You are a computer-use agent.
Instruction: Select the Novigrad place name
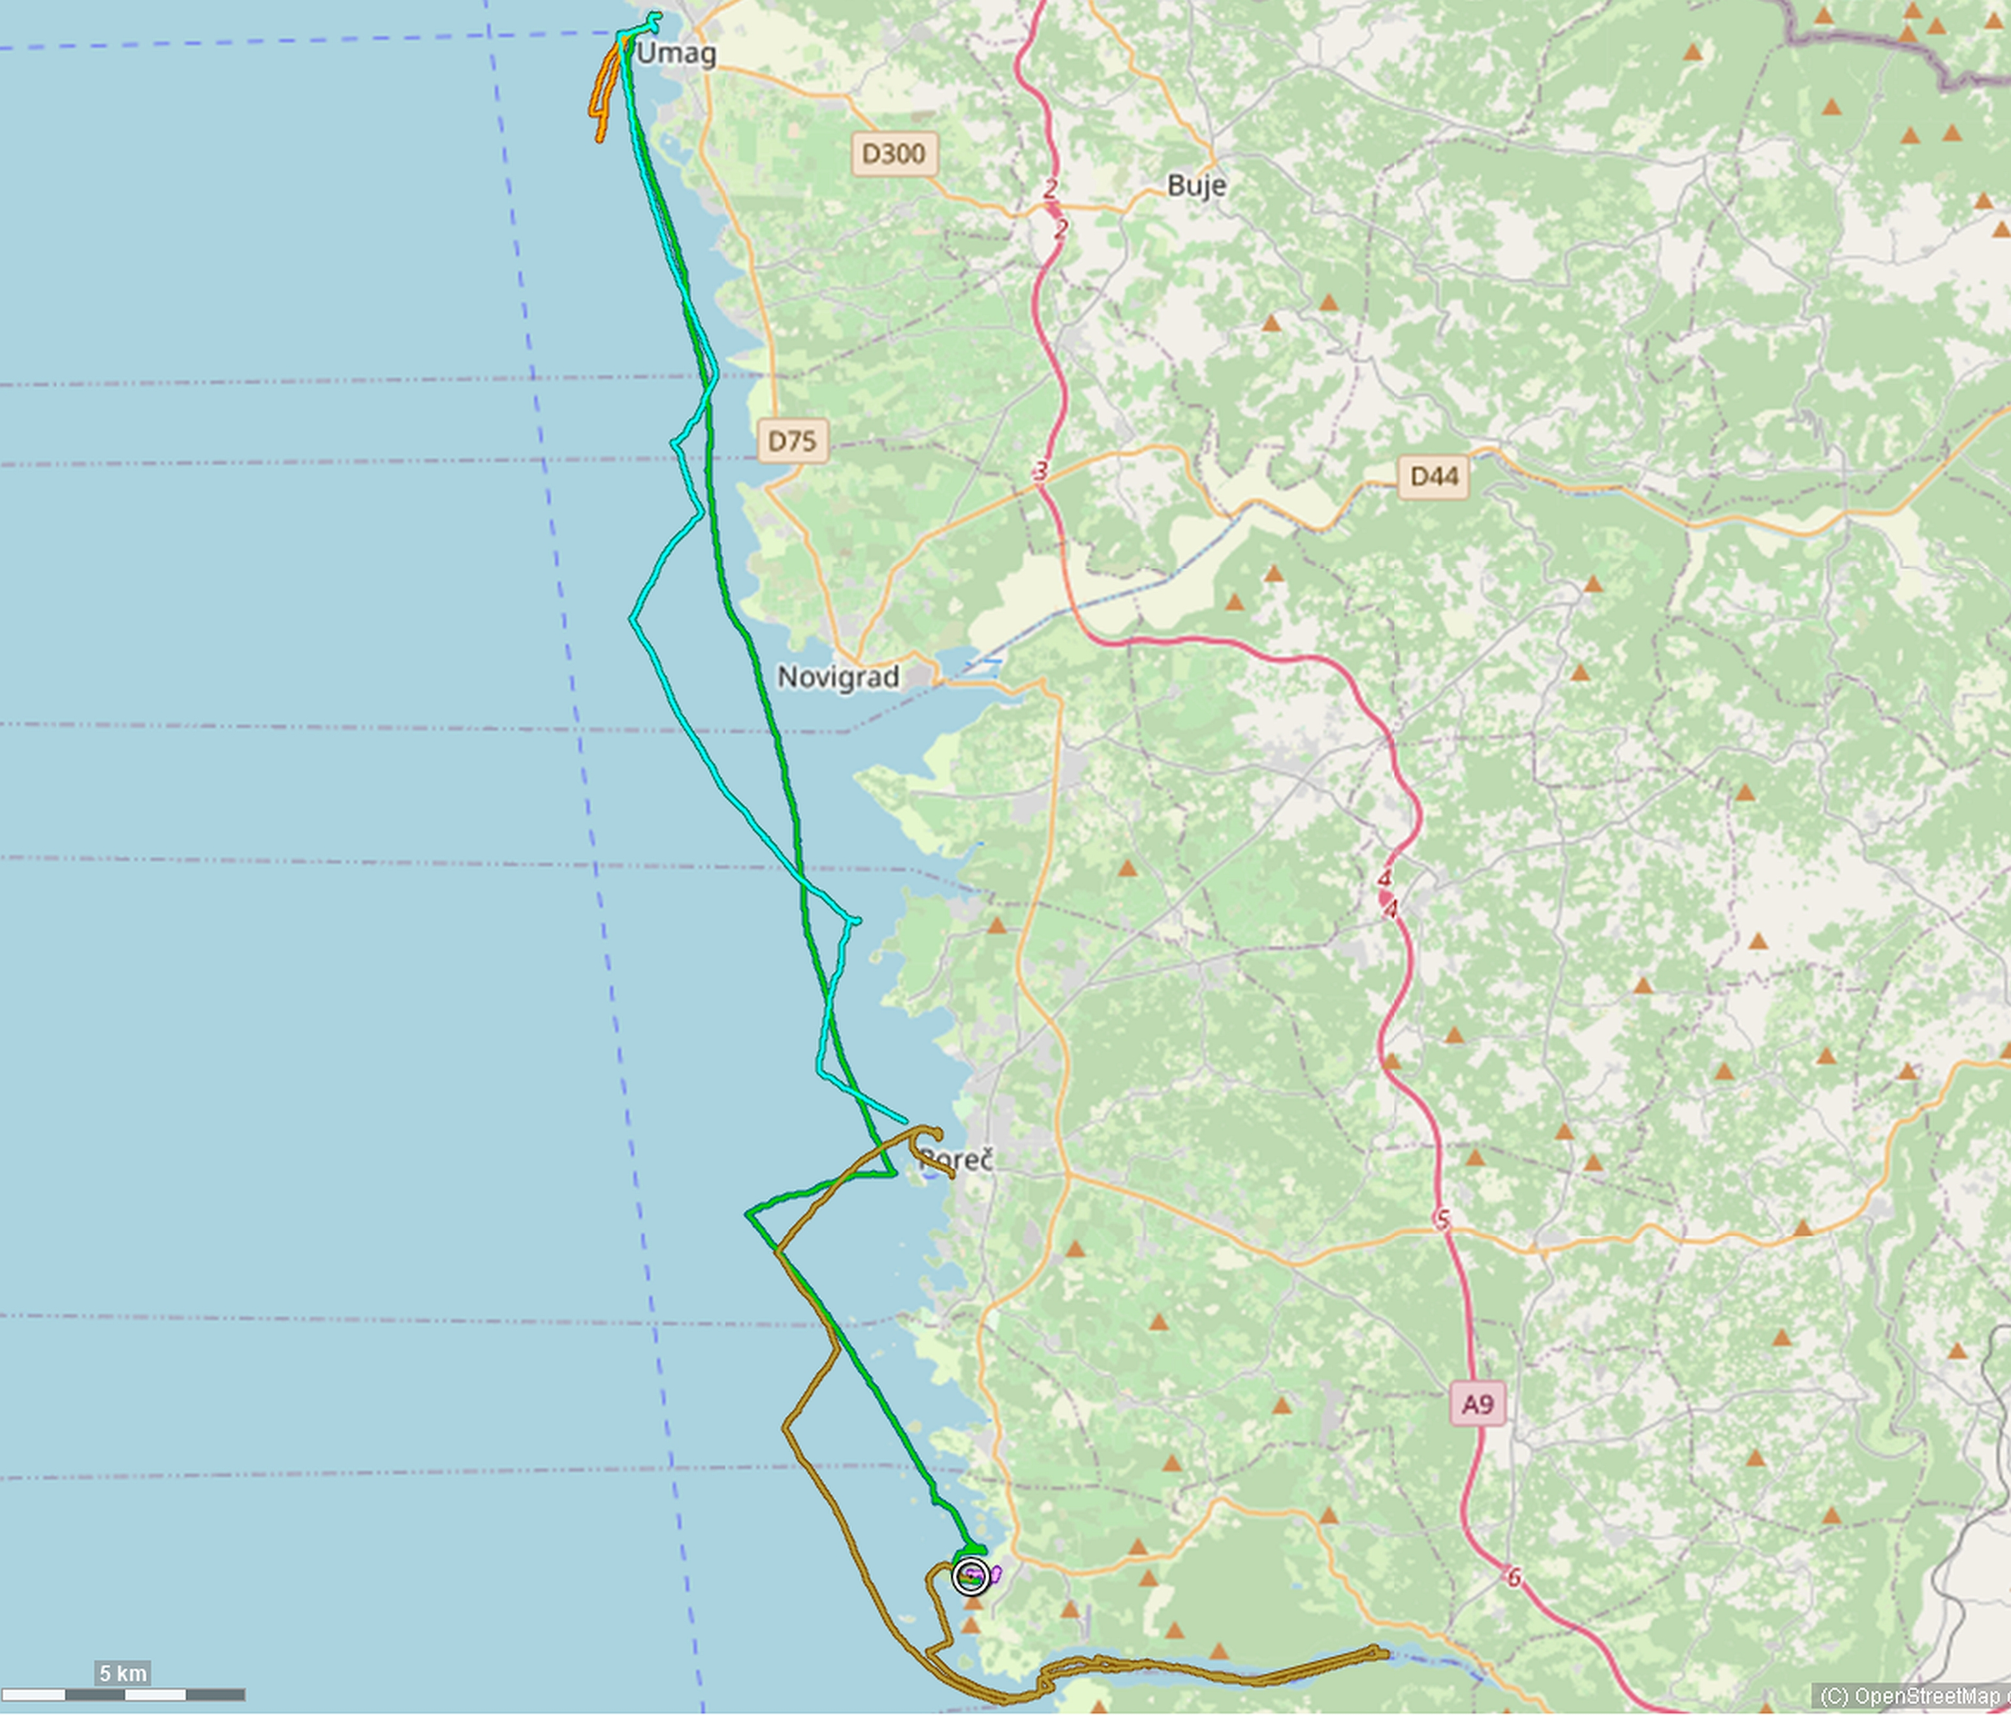[x=838, y=677]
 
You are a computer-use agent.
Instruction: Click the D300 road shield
[x=894, y=153]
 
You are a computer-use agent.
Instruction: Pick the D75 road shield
[x=792, y=441]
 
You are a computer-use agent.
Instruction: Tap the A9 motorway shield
[x=1477, y=1403]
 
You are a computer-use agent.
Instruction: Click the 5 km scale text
[x=122, y=1673]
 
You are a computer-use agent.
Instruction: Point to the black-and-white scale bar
[x=122, y=1695]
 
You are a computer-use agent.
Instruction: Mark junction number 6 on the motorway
[x=1513, y=1578]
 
